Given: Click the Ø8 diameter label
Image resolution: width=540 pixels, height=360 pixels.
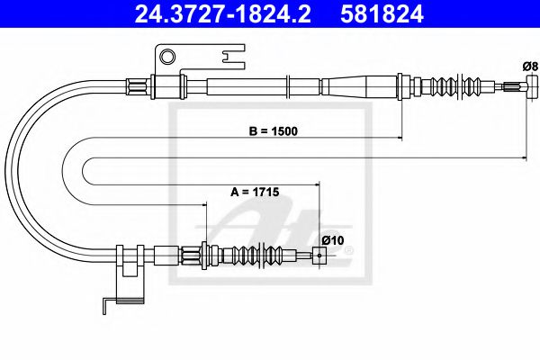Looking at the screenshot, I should click(x=529, y=66).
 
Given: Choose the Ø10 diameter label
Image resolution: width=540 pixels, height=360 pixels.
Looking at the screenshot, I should click(x=331, y=239).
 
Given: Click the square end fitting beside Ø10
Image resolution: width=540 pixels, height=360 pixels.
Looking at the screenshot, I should click(x=317, y=255).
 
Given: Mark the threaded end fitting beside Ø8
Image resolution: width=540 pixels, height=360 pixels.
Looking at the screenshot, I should click(x=514, y=87).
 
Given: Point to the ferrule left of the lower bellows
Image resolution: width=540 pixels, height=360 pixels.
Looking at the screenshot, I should click(x=193, y=255).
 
